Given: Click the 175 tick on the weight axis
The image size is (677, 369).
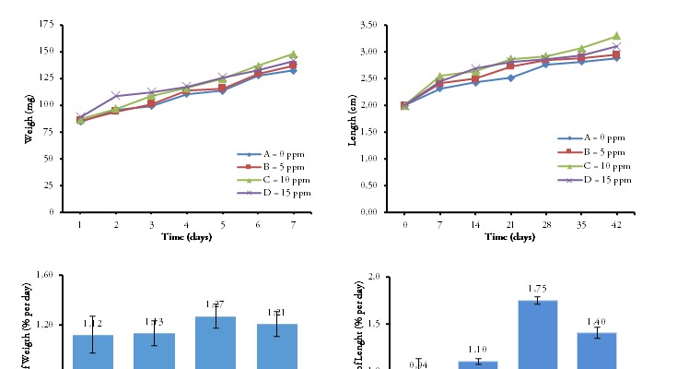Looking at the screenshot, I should (46, 25).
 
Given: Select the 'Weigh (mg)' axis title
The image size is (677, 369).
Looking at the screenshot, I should (30, 117).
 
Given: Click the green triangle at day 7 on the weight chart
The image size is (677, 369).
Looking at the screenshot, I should (294, 54).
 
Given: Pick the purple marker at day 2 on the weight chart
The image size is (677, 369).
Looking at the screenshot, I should (116, 96).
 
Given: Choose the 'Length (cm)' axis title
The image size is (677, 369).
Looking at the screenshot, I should (352, 117).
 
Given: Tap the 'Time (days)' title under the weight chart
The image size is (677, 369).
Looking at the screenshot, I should (185, 237).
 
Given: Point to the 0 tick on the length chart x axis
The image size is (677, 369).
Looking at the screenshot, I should (404, 224).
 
